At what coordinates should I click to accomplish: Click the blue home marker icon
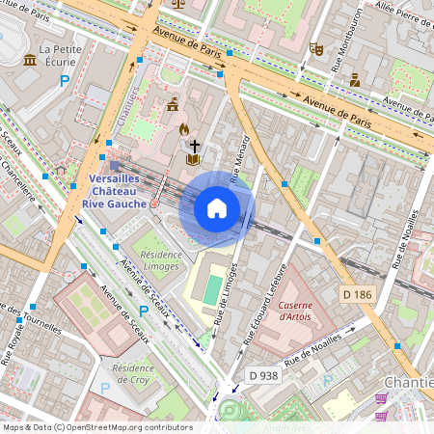217,208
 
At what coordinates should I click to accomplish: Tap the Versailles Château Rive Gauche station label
115,191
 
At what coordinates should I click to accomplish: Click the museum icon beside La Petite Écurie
30,61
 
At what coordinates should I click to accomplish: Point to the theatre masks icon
316,47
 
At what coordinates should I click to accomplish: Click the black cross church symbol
194,144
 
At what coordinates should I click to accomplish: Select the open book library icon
193,158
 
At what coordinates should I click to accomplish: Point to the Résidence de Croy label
133,374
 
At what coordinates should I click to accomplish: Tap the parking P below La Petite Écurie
66,82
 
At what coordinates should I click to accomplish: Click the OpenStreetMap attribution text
96,426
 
